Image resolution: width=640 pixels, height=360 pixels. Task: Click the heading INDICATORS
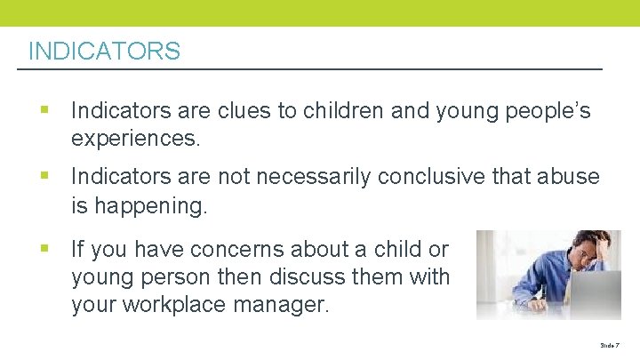coord(104,52)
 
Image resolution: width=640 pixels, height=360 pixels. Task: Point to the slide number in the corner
coord(608,344)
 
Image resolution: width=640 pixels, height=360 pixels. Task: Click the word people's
coord(542,111)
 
